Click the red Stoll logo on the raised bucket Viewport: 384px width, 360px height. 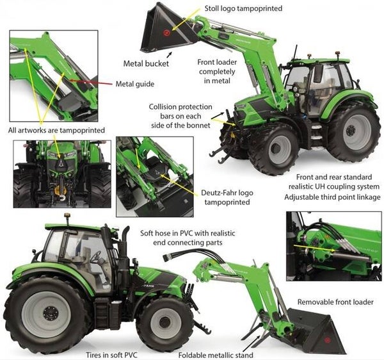point(166,31)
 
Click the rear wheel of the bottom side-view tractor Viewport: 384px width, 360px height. point(48,314)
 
